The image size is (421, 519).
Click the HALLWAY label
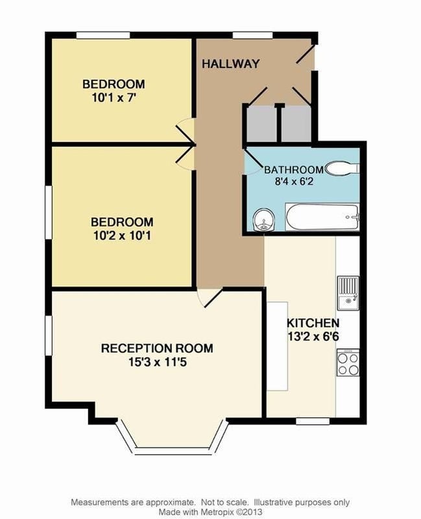click(x=230, y=64)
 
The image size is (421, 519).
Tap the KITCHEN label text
click(x=313, y=322)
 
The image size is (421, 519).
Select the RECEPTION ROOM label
click(x=157, y=348)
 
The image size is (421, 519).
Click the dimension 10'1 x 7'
click(x=114, y=98)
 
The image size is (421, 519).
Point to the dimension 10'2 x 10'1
click(x=122, y=235)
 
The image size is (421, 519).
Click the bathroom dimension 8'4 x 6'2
click(x=294, y=182)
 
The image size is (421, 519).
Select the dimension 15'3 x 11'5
click(x=157, y=362)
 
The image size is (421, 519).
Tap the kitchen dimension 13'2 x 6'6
click(x=313, y=336)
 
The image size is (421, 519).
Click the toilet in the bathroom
click(x=343, y=168)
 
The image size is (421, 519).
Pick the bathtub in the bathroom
click(x=322, y=217)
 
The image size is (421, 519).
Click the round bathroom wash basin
click(x=264, y=220)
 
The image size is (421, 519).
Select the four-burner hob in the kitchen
click(x=348, y=363)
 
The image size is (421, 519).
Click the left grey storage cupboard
click(x=261, y=123)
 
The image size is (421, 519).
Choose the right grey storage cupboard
click(x=296, y=123)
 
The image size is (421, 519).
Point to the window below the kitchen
click(x=313, y=421)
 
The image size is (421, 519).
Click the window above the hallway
click(x=253, y=36)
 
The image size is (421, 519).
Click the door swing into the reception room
click(x=209, y=298)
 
